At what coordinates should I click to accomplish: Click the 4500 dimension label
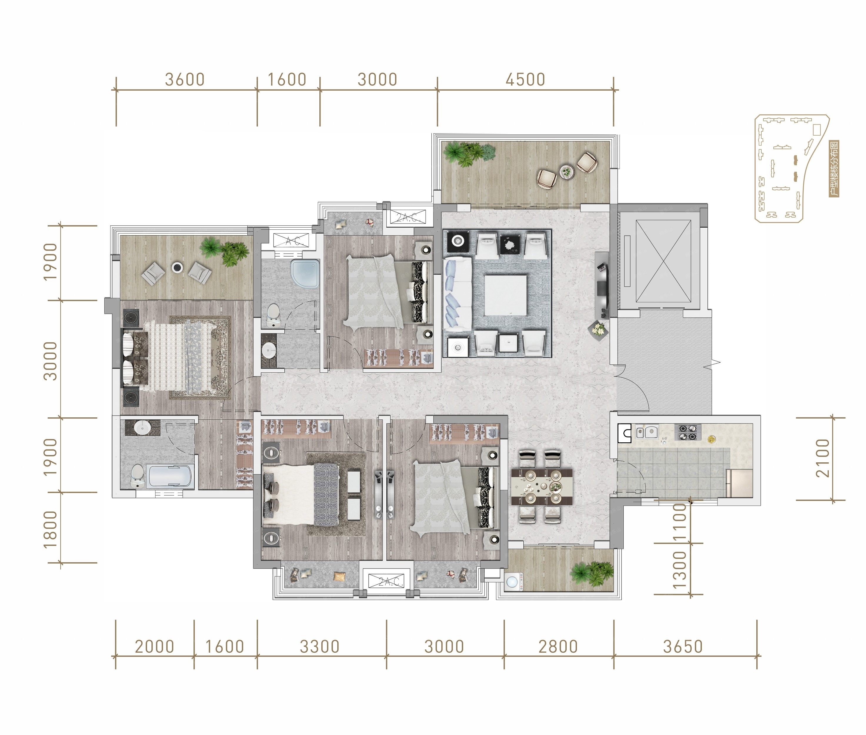click(525, 80)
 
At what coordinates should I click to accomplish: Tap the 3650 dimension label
click(683, 647)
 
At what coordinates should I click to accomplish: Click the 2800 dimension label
click(558, 647)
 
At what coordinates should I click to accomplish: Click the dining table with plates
click(542, 486)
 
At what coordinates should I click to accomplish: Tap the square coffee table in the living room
click(505, 295)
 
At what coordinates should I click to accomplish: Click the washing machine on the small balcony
click(514, 582)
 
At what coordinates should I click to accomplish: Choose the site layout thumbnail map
click(791, 168)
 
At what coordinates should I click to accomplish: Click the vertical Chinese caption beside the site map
click(834, 169)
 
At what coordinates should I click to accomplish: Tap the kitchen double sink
click(646, 432)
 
